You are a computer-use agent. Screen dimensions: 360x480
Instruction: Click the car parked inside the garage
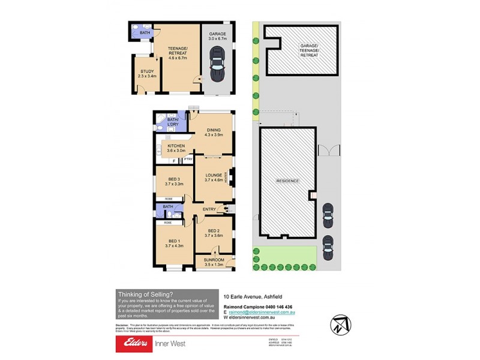pyautogui.click(x=216, y=64)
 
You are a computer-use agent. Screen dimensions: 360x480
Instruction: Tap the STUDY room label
pyautogui.click(x=147, y=71)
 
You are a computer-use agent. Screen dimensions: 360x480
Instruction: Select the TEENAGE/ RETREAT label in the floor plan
pyautogui.click(x=178, y=51)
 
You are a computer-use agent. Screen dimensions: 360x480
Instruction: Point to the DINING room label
pyautogui.click(x=214, y=130)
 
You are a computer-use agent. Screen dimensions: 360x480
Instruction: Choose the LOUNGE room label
pyautogui.click(x=214, y=175)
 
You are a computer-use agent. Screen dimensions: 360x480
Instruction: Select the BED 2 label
pyautogui.click(x=214, y=231)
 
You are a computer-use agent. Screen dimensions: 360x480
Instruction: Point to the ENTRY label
pyautogui.click(x=209, y=209)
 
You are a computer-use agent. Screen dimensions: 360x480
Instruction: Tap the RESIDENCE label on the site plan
pyautogui.click(x=287, y=181)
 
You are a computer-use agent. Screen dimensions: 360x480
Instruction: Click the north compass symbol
pyautogui.click(x=339, y=325)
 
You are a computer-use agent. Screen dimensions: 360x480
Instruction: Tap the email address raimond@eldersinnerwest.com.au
pyautogui.click(x=261, y=313)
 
